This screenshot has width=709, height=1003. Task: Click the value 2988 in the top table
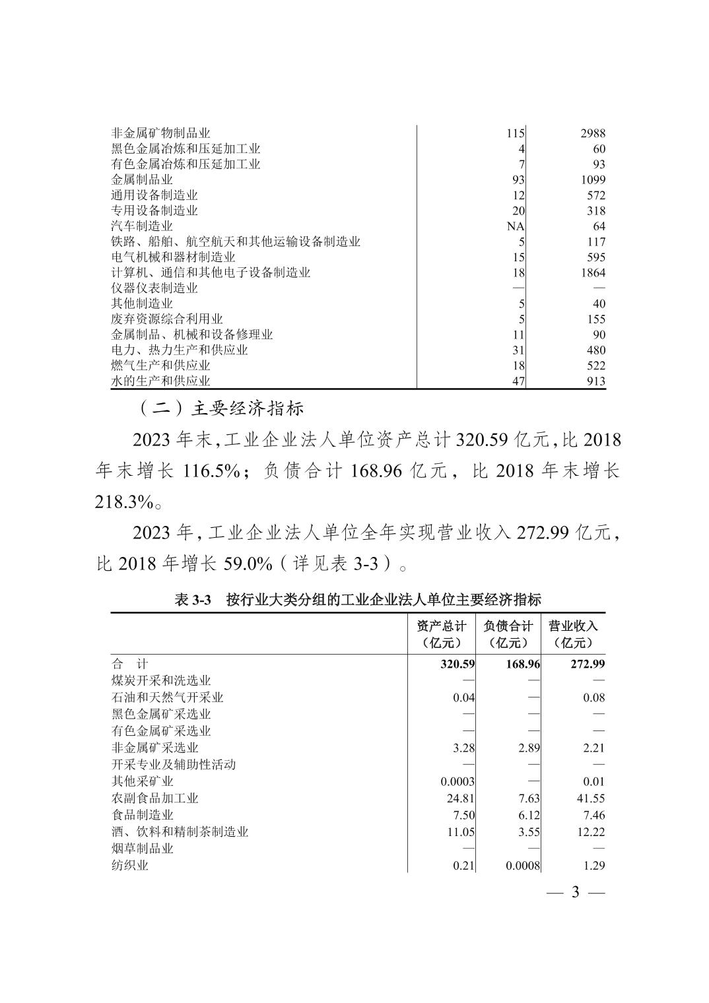[592, 133]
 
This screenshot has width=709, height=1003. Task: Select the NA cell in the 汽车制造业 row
[516, 226]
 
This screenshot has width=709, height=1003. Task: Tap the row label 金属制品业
[142, 179]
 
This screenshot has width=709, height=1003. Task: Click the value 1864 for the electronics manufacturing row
[592, 273]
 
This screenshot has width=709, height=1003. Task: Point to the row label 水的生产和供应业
[160, 381]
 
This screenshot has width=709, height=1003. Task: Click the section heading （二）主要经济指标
[222, 408]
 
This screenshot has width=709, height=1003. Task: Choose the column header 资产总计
[441, 626]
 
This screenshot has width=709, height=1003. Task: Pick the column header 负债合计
[508, 626]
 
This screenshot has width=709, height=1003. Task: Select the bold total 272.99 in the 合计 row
[587, 664]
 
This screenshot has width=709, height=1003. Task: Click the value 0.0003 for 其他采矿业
[457, 782]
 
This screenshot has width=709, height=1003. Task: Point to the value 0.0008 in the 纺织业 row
[523, 866]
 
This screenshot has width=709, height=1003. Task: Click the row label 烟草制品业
[142, 849]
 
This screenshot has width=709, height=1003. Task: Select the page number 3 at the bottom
[574, 893]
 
